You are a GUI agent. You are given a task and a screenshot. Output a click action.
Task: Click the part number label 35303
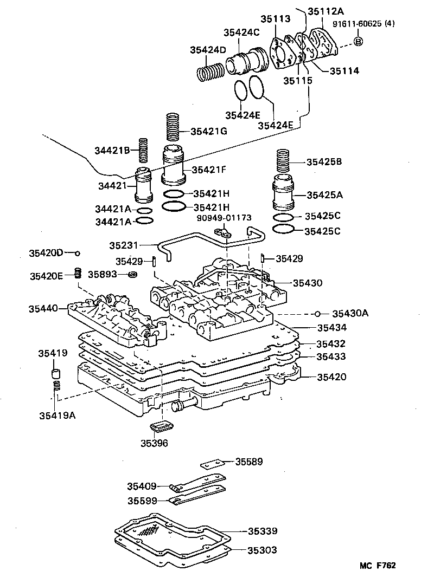pyautogui.click(x=263, y=550)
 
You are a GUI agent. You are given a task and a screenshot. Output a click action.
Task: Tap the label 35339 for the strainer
pyautogui.click(x=263, y=531)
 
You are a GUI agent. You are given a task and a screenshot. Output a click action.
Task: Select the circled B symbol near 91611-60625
pyautogui.click(x=359, y=42)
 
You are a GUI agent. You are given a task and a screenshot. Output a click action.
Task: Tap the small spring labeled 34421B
pyautogui.click(x=144, y=150)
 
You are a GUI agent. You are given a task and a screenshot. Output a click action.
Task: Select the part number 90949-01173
pyautogui.click(x=224, y=218)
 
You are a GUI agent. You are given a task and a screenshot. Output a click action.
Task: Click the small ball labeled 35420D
pyautogui.click(x=78, y=253)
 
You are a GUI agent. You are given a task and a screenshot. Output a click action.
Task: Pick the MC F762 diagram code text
pyautogui.click(x=378, y=566)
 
